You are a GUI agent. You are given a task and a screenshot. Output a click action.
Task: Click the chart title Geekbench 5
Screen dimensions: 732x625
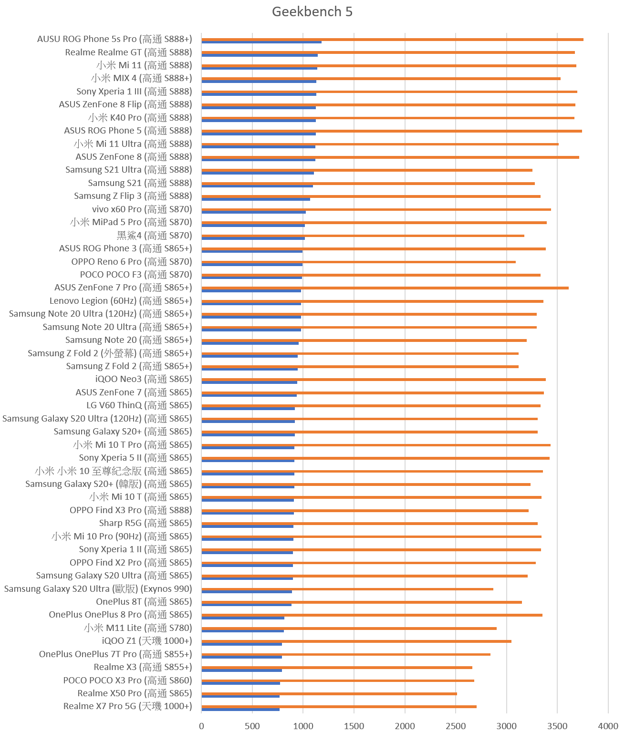312,12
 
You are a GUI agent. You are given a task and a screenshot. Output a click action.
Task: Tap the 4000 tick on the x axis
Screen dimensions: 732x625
608,726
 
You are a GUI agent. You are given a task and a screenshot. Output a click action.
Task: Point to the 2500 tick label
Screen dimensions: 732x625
456,726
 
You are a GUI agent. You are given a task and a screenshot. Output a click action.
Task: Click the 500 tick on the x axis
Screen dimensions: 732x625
252,726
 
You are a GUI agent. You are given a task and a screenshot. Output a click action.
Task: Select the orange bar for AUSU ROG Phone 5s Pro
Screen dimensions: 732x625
392,40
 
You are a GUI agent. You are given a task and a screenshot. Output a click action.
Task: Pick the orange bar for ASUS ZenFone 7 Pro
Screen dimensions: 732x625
385,288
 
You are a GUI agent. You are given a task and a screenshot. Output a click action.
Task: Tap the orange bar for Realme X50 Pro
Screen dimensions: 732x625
329,694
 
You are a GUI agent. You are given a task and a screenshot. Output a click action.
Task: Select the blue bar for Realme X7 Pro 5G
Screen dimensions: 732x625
240,710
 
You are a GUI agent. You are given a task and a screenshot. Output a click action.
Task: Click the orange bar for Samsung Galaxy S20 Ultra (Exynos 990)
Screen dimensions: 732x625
347,589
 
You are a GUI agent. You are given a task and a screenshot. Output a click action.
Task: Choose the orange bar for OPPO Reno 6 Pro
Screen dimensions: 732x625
358,262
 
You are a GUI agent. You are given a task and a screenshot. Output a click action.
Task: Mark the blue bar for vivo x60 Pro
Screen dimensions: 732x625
253,212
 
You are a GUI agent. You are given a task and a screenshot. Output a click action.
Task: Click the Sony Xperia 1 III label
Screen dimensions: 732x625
134,92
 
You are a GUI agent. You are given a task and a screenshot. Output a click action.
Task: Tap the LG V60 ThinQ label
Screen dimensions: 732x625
139,405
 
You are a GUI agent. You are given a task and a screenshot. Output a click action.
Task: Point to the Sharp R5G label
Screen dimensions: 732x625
146,523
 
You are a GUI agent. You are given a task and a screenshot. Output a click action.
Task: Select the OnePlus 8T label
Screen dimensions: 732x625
144,602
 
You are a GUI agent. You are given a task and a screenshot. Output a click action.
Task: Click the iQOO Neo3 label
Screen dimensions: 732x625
143,379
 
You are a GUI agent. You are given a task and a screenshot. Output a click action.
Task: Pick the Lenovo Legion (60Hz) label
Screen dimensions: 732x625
121,301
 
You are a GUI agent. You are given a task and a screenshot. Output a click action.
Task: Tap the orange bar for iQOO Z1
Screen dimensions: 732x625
356,641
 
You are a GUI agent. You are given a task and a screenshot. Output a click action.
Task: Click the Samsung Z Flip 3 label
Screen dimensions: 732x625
133,196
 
